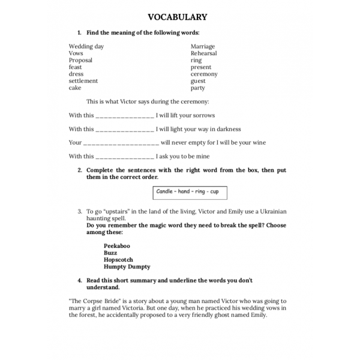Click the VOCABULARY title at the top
click(x=177, y=17)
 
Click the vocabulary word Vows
click(x=76, y=53)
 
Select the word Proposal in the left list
click(x=80, y=61)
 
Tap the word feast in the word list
click(x=75, y=67)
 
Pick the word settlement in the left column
click(x=83, y=81)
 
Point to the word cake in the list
click(x=75, y=88)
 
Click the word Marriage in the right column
click(x=203, y=47)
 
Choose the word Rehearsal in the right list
click(x=204, y=53)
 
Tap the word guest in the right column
click(x=198, y=81)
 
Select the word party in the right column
click(x=198, y=88)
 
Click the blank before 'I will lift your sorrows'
click(x=125, y=116)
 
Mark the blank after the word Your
click(x=121, y=143)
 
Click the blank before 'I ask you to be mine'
click(x=125, y=157)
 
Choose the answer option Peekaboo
click(x=116, y=246)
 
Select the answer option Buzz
click(x=110, y=253)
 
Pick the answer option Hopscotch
click(x=118, y=260)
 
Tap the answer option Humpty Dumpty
click(x=127, y=267)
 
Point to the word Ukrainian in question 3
click(x=272, y=212)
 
